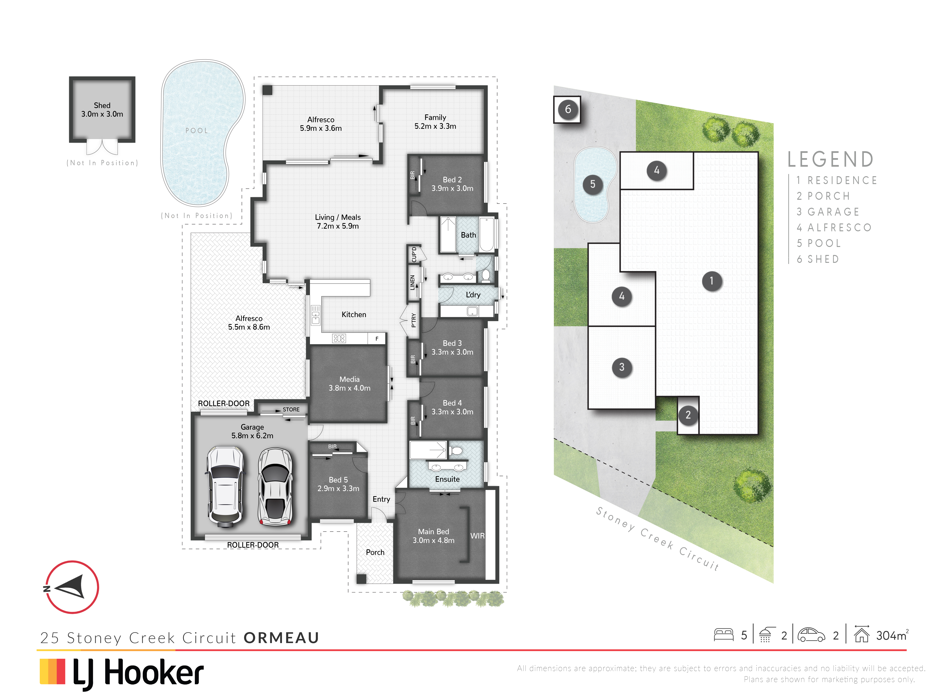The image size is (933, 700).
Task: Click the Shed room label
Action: pos(102,105)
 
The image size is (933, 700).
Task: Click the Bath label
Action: pos(468,235)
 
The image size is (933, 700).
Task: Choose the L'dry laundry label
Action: pos(473,295)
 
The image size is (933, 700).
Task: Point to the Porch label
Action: pos(375,552)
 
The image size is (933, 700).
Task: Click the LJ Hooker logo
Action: pos(121,673)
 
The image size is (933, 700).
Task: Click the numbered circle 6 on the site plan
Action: pos(568,109)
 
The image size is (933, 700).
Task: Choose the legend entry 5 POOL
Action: pos(819,243)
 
